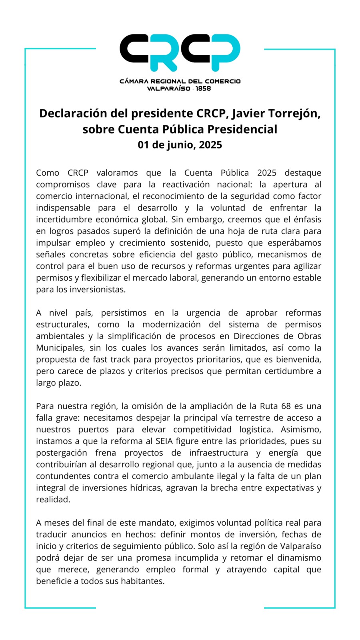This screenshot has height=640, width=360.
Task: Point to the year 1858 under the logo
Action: (203, 88)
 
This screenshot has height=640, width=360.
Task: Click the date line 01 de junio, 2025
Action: (180, 145)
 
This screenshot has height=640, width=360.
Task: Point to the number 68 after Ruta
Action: (286, 406)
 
